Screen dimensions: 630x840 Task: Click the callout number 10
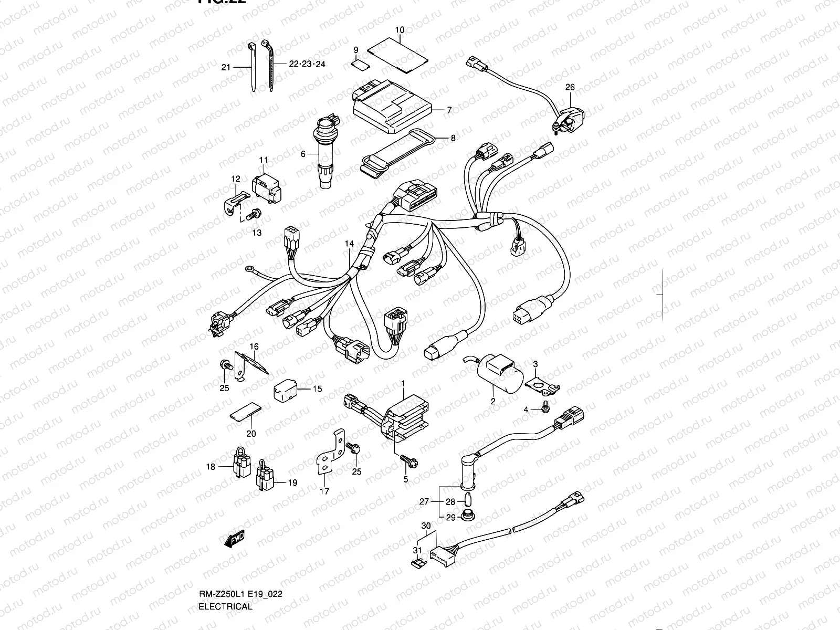[x=400, y=30]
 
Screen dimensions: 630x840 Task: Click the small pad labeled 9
[x=359, y=65]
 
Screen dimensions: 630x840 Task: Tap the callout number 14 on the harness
[x=349, y=244]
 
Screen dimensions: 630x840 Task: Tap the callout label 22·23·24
[x=307, y=64]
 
